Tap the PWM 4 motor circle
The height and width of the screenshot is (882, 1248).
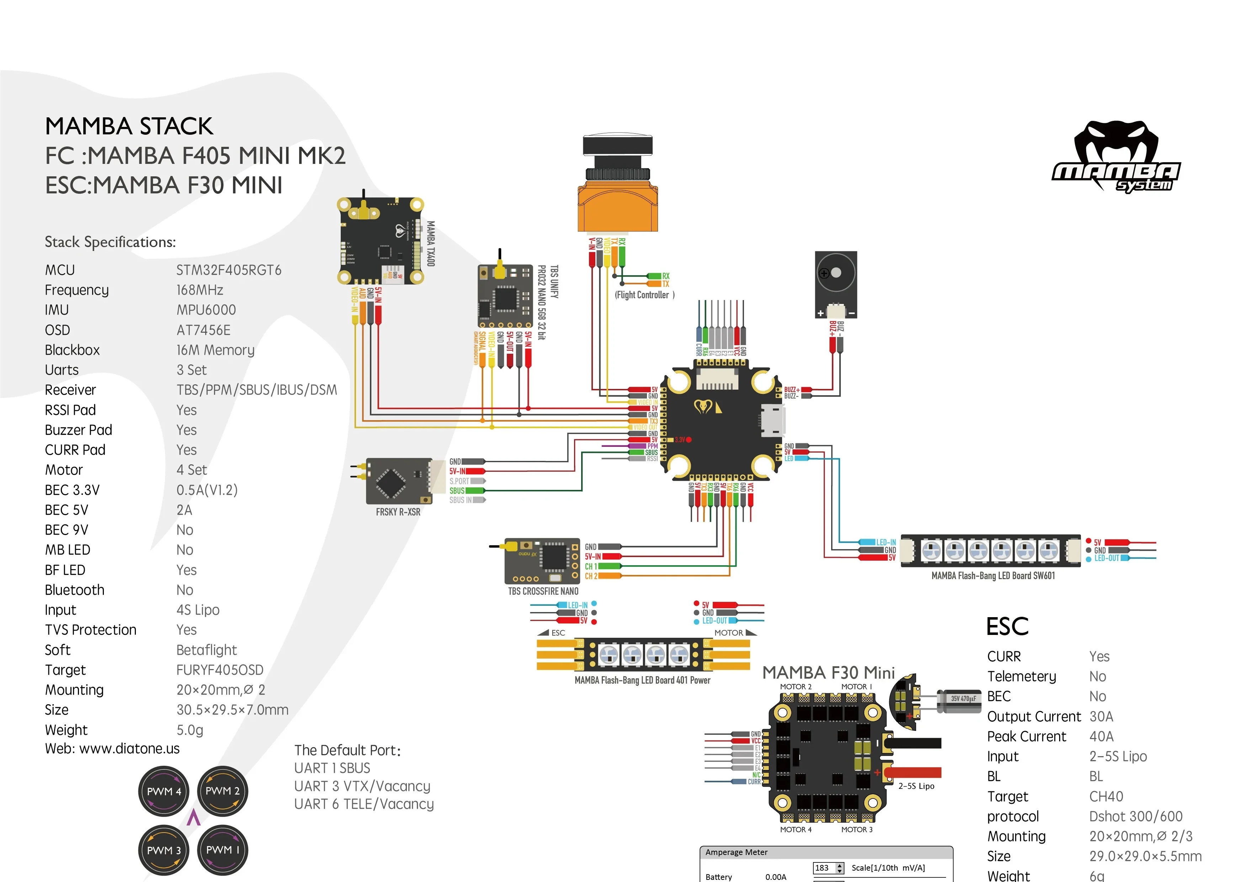pyautogui.click(x=164, y=791)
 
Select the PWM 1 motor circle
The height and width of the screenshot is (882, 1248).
pyautogui.click(x=222, y=849)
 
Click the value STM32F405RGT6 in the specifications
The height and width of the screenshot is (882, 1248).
pyautogui.click(x=228, y=270)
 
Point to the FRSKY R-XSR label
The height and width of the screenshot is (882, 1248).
pyautogui.click(x=398, y=512)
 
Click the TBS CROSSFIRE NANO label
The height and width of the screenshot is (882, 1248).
pyautogui.click(x=543, y=591)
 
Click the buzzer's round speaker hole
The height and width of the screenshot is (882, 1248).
pyautogui.click(x=835, y=272)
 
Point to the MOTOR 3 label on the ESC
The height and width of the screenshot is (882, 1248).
pyautogui.click(x=857, y=830)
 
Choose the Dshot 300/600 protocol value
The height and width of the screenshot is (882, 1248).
pyautogui.click(x=1136, y=816)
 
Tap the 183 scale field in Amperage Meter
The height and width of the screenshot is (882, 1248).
pyautogui.click(x=823, y=868)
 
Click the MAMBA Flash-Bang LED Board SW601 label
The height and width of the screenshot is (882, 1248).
pyautogui.click(x=993, y=576)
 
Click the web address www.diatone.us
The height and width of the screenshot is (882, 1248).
pyautogui.click(x=129, y=749)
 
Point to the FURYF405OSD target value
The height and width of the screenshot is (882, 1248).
pyautogui.click(x=219, y=670)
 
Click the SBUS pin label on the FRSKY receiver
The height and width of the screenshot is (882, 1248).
pyautogui.click(x=457, y=491)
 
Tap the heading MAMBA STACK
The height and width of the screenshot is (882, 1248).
pyautogui.click(x=129, y=126)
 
